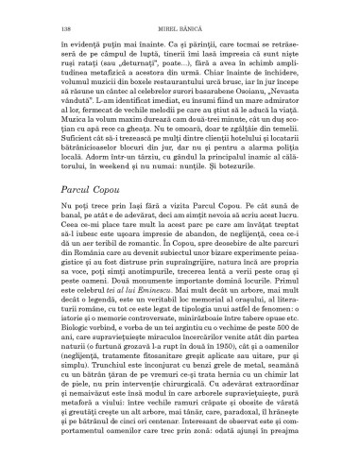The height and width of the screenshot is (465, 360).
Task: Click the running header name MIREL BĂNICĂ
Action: pos(180,16)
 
